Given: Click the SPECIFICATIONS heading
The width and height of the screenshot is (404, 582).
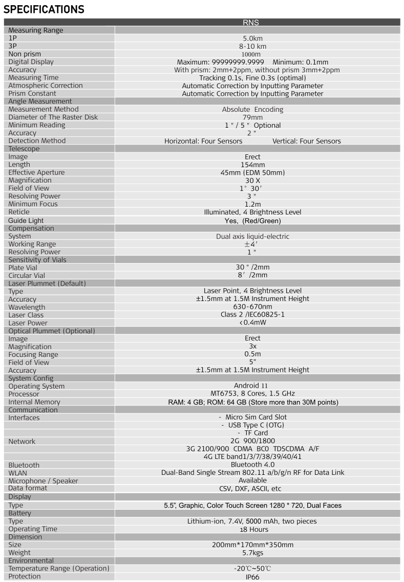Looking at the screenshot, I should tap(44, 9).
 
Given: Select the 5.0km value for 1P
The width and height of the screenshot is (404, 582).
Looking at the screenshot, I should tap(252, 38).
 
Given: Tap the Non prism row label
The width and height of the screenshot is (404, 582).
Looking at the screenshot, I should tap(25, 54).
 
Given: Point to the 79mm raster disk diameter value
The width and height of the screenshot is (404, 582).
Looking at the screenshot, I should tap(252, 117).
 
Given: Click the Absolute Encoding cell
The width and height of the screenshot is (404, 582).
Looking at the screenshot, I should tap(252, 109).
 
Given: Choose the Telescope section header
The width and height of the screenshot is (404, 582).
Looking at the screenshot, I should tap(24, 149).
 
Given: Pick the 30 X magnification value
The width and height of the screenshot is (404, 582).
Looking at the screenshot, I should tap(252, 180).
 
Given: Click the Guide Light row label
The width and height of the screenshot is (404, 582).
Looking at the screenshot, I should tap(26, 220).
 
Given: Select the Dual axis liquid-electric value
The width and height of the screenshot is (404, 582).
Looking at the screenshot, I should tap(252, 236).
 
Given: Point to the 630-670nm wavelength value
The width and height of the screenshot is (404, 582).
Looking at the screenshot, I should tap(252, 307).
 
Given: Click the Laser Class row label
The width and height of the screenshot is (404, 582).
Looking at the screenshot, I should tap(26, 315).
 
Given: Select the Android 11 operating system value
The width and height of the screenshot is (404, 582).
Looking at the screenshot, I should tap(252, 386).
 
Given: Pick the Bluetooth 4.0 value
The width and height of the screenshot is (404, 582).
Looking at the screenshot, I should tap(252, 465).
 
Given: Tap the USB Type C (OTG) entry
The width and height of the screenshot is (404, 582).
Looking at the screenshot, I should tap(252, 425).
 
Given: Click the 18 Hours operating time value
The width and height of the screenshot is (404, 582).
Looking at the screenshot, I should tap(252, 529).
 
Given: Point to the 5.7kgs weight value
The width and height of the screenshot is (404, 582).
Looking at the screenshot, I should tap(252, 553).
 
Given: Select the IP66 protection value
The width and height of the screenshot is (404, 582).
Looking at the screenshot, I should tap(252, 576).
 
